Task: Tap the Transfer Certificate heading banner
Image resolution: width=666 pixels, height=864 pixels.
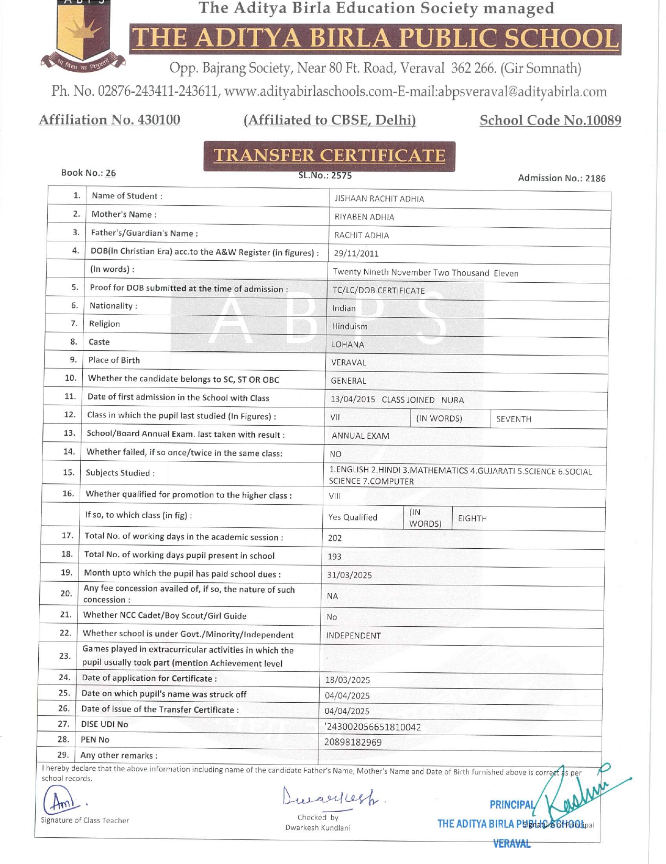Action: click(x=329, y=156)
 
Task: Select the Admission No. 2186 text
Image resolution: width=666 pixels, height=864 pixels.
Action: click(x=561, y=178)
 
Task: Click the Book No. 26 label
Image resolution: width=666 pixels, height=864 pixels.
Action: click(x=89, y=173)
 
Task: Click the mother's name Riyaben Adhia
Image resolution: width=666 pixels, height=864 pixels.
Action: click(x=364, y=217)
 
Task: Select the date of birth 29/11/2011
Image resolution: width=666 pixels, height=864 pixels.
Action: click(x=356, y=253)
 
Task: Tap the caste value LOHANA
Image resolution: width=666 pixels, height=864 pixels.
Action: click(x=347, y=345)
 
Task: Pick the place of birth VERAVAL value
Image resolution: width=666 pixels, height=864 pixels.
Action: click(x=348, y=362)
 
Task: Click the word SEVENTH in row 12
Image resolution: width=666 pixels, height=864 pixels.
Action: click(x=514, y=419)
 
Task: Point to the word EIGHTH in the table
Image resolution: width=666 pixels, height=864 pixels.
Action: click(x=472, y=518)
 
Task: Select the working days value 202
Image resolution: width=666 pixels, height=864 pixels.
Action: click(x=335, y=538)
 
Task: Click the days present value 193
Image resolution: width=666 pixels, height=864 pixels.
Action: click(x=334, y=557)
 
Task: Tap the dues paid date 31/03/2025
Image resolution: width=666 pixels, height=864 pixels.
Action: click(x=350, y=575)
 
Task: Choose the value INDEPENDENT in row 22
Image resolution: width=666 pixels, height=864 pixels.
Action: click(x=353, y=636)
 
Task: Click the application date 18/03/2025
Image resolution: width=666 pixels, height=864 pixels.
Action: click(x=347, y=680)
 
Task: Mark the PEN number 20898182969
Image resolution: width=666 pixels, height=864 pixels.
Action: click(x=353, y=742)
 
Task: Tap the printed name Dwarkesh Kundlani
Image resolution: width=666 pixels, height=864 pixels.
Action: click(x=318, y=828)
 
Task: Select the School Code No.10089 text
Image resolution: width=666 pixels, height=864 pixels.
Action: click(x=550, y=120)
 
